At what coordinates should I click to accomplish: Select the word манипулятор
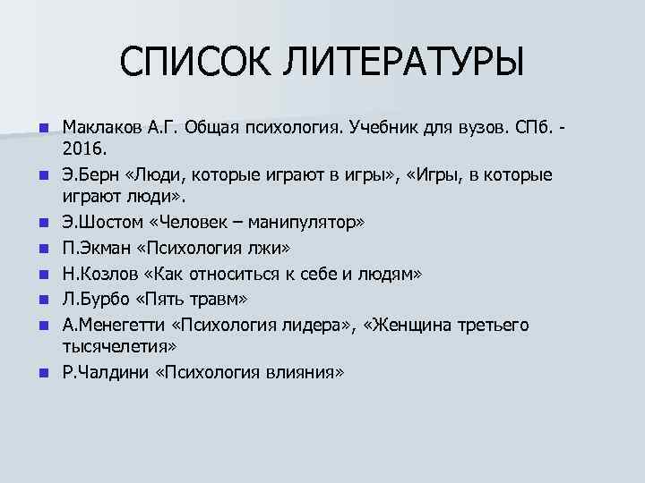(288, 219)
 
